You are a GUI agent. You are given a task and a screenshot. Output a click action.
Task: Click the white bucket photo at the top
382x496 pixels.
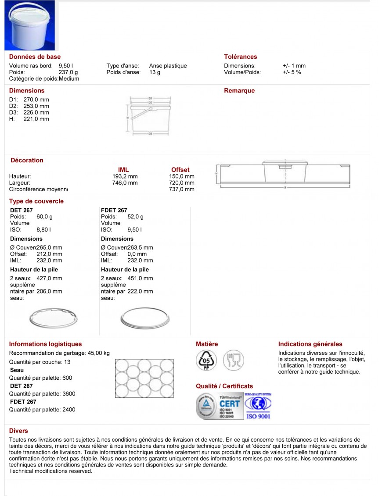pos(29,25)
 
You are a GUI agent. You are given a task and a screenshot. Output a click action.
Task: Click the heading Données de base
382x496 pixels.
pos(35,57)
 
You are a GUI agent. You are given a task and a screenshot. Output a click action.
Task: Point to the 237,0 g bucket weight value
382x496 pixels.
pos(68,72)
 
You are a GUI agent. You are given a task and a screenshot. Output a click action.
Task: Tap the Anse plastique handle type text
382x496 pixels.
pos(168,66)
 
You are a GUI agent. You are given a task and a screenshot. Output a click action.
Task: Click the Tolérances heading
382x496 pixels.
pos(240,57)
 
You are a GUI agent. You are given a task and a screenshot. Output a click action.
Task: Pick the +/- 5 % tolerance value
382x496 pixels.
pos(292,72)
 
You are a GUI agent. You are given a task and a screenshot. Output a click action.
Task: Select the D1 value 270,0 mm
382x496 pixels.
pos(36,100)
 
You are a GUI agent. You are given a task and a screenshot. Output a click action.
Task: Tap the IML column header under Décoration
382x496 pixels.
pos(123,170)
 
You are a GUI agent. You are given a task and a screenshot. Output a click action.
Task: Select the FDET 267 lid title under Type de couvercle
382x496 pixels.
pos(114,211)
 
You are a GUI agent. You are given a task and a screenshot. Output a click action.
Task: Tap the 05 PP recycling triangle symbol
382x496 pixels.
pos(205,360)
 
